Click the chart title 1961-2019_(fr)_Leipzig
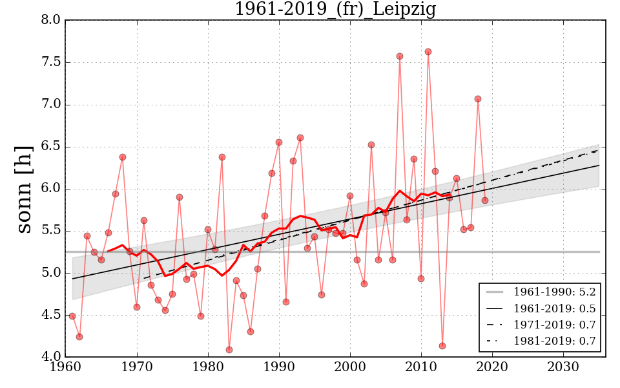(335, 10)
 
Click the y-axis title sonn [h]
(24, 189)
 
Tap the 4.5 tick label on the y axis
(50, 315)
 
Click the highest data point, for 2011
(428, 52)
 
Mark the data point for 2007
(400, 56)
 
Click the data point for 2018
(478, 99)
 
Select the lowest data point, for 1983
(229, 350)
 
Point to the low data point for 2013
(442, 346)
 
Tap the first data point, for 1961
(72, 316)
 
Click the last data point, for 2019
(485, 200)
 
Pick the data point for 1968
(123, 157)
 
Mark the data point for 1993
(300, 138)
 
